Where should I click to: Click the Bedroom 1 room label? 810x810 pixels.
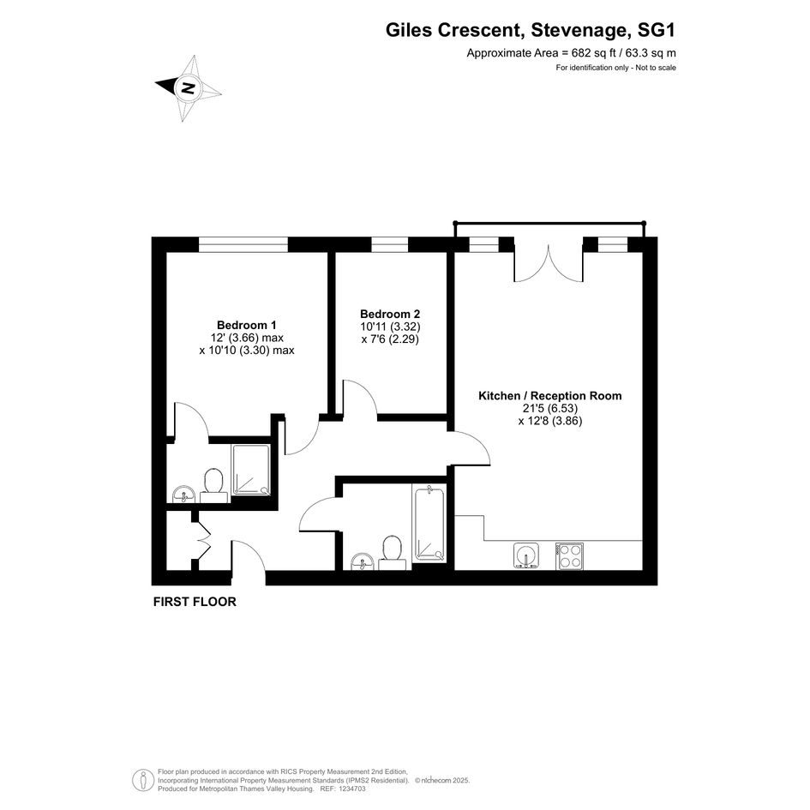246,325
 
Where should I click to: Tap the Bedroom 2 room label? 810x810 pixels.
390,314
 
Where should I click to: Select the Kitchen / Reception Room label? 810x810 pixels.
550,396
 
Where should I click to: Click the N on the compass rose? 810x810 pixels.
188,87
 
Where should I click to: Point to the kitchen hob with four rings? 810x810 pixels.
569,555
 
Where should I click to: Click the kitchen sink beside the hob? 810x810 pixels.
526,555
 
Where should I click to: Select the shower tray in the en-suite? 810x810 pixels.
250,470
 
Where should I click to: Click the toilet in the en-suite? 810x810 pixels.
213,485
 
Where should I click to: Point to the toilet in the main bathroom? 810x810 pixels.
392,552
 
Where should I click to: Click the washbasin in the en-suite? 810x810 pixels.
183,494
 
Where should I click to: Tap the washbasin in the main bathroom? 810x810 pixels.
363,561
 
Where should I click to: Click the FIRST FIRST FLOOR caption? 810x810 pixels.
195,602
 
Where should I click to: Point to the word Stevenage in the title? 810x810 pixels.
579,31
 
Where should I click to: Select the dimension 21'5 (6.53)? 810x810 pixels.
549,408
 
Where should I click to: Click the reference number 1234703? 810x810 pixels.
351,789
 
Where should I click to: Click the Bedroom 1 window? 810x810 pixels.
243,244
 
